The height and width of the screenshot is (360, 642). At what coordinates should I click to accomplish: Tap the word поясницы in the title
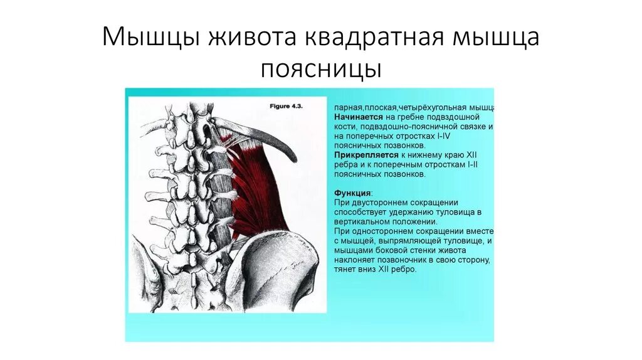point(321,68)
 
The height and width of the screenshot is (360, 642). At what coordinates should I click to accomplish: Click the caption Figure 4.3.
point(286,107)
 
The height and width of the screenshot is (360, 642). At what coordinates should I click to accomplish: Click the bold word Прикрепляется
point(366,154)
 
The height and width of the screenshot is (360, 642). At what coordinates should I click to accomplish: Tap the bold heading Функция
point(352,193)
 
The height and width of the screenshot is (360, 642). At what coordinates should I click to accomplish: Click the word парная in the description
point(347,108)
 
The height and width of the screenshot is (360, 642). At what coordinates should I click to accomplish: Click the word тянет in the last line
point(345,268)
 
